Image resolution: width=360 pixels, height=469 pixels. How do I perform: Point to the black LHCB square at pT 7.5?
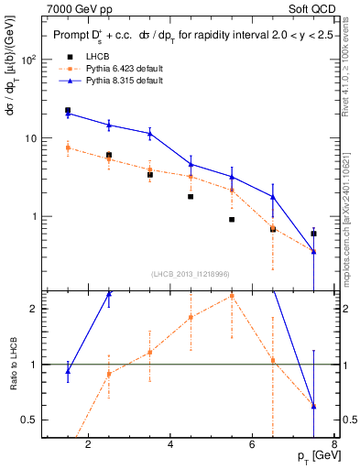click(x=314, y=234)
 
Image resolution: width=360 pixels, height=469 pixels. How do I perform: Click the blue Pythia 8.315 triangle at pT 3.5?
click(x=149, y=134)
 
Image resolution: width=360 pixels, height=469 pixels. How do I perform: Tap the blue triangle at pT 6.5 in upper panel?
click(x=273, y=196)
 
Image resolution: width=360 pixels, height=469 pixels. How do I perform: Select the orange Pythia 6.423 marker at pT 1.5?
click(x=68, y=147)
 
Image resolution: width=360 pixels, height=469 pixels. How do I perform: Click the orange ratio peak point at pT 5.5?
click(x=232, y=296)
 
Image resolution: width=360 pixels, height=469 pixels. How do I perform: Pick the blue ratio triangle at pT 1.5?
click(x=68, y=371)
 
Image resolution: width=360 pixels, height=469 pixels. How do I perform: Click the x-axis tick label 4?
click(x=171, y=446)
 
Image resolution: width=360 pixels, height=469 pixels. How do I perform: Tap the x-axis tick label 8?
click(x=335, y=446)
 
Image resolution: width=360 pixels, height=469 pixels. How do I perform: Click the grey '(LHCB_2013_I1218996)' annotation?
click(x=190, y=274)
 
